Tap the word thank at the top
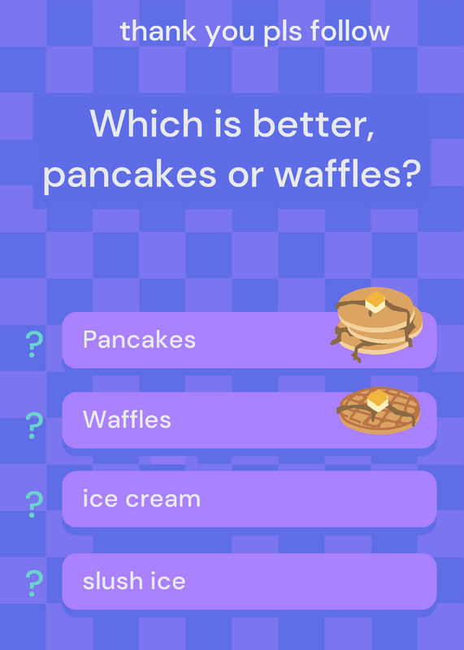click(x=158, y=31)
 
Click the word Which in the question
click(x=146, y=123)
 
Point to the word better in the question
click(x=314, y=124)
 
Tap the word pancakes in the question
click(x=129, y=175)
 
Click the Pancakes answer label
click(x=139, y=340)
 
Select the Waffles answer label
click(x=127, y=419)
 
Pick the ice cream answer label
click(x=141, y=498)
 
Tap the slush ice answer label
click(x=134, y=580)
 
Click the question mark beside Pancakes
click(x=34, y=344)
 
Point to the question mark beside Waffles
click(x=34, y=425)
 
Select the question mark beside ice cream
click(x=34, y=504)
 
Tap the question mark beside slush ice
click(x=34, y=583)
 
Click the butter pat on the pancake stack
click(x=375, y=301)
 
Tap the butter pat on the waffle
click(x=378, y=400)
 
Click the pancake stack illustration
click(x=376, y=324)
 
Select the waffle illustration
click(x=379, y=410)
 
